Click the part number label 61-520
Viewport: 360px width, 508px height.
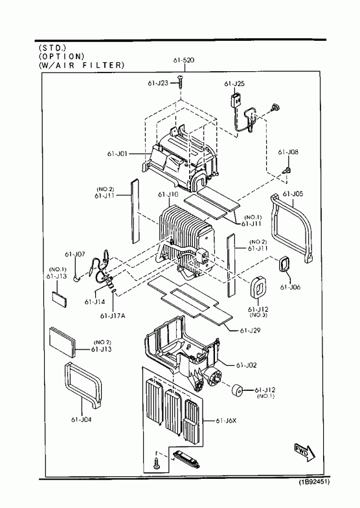coord(184,60)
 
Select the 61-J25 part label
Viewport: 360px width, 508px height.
coord(234,83)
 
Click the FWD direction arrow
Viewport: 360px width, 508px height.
coord(304,452)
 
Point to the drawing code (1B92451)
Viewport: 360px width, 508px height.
coord(314,482)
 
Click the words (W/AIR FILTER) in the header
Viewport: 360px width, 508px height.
coord(82,65)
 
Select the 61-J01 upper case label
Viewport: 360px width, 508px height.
coord(117,153)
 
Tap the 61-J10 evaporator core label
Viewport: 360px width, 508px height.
coord(168,194)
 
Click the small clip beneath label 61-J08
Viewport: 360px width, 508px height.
coord(287,170)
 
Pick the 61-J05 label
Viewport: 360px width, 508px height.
coord(293,193)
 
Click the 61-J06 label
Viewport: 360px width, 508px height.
coord(290,287)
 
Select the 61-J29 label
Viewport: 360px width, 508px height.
coord(250,331)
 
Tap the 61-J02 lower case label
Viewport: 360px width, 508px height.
coord(246,365)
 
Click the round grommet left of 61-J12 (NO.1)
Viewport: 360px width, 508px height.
coord(237,390)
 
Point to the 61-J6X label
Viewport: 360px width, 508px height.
coord(226,421)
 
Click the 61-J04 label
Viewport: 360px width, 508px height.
coord(82,419)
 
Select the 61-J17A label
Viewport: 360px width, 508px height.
coord(113,316)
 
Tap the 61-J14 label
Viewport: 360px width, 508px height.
coord(95,302)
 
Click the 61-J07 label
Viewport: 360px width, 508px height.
coord(75,254)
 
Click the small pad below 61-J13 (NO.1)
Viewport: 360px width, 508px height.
coord(60,300)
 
